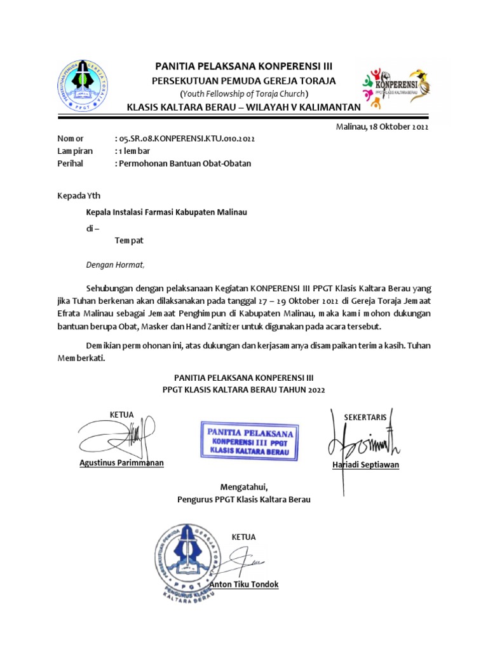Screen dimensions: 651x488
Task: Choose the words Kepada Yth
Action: pyautogui.click(x=79, y=196)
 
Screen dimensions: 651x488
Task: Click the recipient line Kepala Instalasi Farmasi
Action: pyautogui.click(x=166, y=212)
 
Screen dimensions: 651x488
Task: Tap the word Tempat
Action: pyautogui.click(x=129, y=242)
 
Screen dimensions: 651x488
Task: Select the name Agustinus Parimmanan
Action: pyautogui.click(x=121, y=463)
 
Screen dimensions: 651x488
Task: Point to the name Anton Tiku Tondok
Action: pyautogui.click(x=248, y=585)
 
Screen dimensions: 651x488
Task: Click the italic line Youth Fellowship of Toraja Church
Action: pyautogui.click(x=243, y=94)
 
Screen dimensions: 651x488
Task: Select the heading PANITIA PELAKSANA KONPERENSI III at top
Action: pyautogui.click(x=244, y=66)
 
